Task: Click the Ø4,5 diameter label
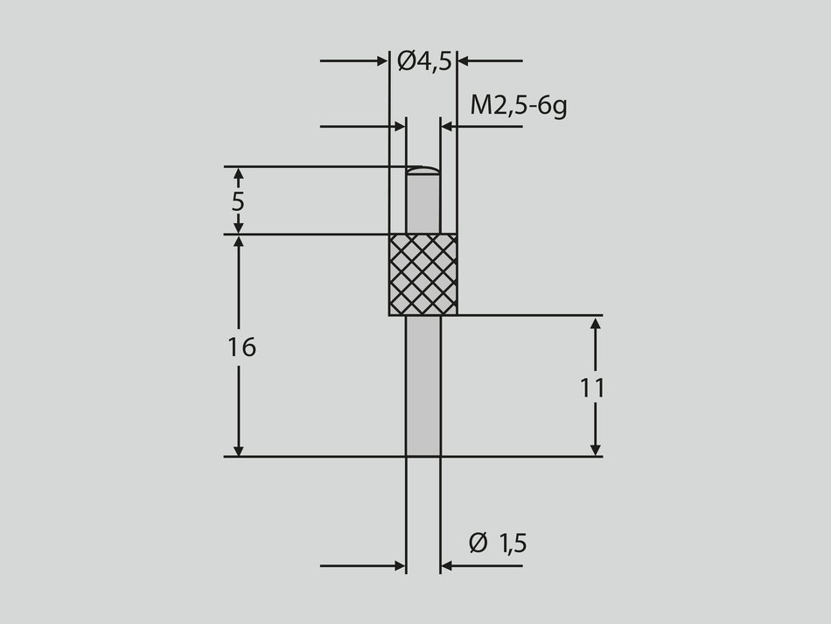423,60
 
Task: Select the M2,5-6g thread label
518,106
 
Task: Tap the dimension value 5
238,201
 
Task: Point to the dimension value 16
241,347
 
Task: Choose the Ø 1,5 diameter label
498,543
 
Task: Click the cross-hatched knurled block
423,275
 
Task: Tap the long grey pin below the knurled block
423,385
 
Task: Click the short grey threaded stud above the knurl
423,203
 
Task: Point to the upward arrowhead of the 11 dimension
595,325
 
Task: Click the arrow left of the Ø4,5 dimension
381,60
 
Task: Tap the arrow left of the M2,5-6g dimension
399,127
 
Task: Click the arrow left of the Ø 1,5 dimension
399,565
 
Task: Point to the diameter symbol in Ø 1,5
478,543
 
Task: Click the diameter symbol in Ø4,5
406,60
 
